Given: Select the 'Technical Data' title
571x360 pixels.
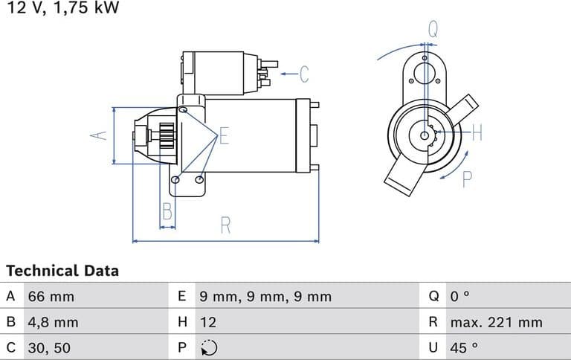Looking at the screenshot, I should pyautogui.click(x=62, y=271).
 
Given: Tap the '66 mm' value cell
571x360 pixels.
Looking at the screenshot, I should pyautogui.click(x=51, y=297).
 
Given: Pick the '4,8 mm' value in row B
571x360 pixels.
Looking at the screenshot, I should pyautogui.click(x=53, y=322).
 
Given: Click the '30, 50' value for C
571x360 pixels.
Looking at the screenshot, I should pyautogui.click(x=50, y=347).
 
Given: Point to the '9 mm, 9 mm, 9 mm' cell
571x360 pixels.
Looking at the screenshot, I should pyautogui.click(x=265, y=297).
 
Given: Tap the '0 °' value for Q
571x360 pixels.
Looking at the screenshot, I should pyautogui.click(x=460, y=297).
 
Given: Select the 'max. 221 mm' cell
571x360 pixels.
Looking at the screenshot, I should pyautogui.click(x=496, y=322).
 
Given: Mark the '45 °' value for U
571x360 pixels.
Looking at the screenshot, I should pyautogui.click(x=463, y=347).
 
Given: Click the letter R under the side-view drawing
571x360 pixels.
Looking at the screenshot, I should pyautogui.click(x=225, y=225).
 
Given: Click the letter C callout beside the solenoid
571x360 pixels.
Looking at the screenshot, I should pyautogui.click(x=303, y=74).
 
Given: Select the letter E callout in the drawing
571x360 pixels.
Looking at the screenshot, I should pyautogui.click(x=225, y=136).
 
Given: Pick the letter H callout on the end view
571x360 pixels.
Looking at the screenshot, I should pyautogui.click(x=477, y=134).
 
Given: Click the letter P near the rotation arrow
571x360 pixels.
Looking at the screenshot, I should pyautogui.click(x=467, y=179).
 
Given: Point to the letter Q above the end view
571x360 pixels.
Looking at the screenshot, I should pyautogui.click(x=433, y=30).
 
